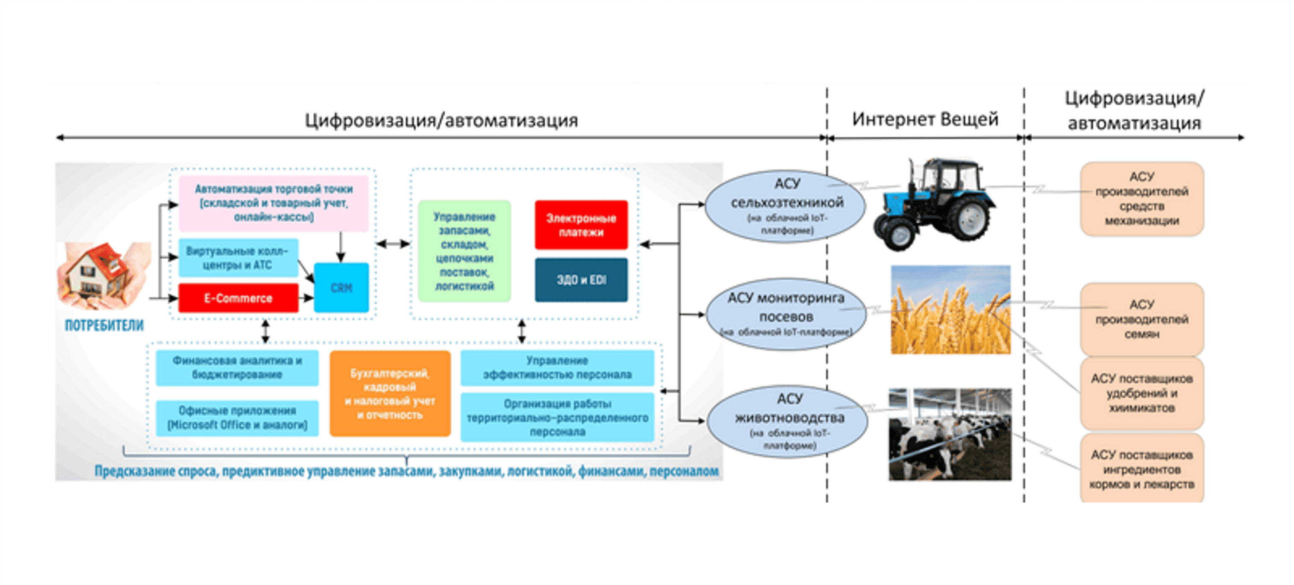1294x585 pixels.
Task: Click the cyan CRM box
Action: coord(341,288)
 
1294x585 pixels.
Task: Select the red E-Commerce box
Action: coord(238,298)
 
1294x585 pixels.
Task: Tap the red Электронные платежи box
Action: coord(581,225)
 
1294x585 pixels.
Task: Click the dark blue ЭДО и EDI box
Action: coord(581,280)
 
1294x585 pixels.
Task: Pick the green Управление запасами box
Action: coord(464,251)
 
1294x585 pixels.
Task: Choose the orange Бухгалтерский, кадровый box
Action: coord(390,394)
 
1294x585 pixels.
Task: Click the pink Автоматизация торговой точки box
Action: coord(274,203)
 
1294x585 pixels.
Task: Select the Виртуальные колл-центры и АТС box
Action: coord(238,258)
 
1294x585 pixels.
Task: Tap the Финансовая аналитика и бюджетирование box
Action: coord(237,367)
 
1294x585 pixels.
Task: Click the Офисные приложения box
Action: coord(237,418)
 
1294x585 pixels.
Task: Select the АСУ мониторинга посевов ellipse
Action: coord(786,314)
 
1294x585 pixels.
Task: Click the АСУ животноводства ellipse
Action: coord(788,421)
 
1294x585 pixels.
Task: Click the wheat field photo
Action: coord(950,310)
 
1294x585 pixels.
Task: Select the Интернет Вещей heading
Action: coord(925,120)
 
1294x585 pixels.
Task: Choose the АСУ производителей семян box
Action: coord(1141,319)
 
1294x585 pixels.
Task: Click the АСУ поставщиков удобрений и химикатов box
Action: coord(1141,393)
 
